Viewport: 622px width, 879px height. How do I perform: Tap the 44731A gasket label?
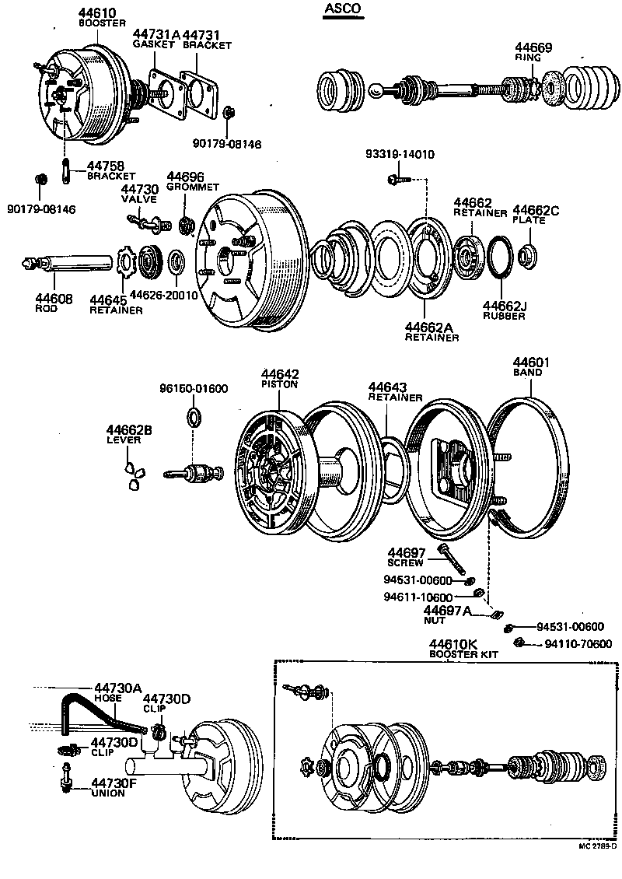click(x=155, y=34)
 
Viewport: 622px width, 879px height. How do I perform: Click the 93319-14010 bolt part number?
click(x=400, y=155)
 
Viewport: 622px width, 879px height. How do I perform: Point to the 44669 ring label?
click(x=535, y=47)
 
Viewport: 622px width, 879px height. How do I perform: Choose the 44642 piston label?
click(x=280, y=374)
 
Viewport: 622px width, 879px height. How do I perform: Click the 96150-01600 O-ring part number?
click(x=194, y=389)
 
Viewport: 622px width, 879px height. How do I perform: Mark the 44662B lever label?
click(x=129, y=429)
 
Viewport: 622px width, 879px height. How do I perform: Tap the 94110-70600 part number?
click(x=578, y=644)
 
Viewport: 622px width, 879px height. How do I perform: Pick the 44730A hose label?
click(x=118, y=688)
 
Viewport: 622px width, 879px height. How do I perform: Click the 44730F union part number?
click(x=114, y=783)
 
